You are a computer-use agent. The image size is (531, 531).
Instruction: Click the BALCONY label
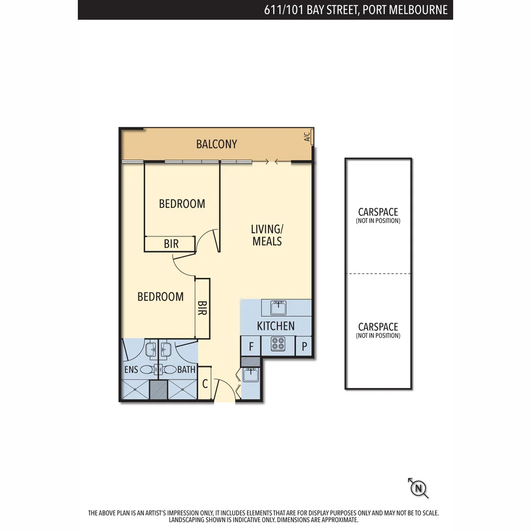click(216, 144)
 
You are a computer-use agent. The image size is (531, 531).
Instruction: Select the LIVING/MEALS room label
click(267, 235)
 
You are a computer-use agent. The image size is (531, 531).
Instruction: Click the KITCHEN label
click(276, 326)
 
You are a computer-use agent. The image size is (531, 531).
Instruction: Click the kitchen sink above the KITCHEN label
click(279, 307)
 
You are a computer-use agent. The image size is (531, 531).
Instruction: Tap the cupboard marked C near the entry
click(205, 383)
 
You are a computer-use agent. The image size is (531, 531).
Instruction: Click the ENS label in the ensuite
click(131, 370)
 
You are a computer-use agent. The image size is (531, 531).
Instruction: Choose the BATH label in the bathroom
click(186, 370)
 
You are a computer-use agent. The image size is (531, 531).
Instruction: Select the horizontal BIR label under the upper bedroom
click(171, 244)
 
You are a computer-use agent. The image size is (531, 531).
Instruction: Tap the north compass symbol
click(418, 488)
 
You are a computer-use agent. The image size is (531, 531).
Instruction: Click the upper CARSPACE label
click(378, 212)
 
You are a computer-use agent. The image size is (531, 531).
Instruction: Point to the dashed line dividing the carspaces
click(378, 274)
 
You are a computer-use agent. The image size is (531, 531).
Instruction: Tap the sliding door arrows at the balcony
click(272, 161)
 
